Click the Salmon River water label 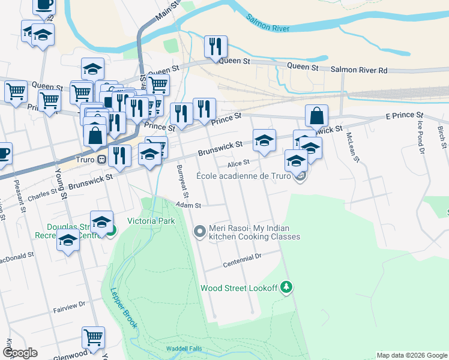[x=268, y=23]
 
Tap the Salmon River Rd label [x=359, y=70]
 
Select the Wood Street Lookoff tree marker [x=288, y=287]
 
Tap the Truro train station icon [x=102, y=160]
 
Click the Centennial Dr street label [x=243, y=259]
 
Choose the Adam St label [x=187, y=205]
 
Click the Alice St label [x=238, y=164]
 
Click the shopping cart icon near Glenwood [x=93, y=338]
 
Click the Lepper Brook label [x=122, y=308]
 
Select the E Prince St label [x=404, y=115]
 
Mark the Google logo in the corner [x=20, y=353]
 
